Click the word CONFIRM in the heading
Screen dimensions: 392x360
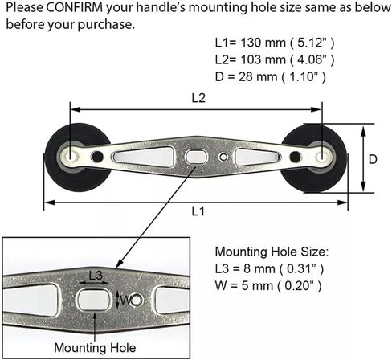(x=75, y=8)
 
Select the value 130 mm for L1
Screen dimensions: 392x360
(x=263, y=43)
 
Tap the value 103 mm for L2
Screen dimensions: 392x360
(x=263, y=59)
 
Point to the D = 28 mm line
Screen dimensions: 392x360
(x=271, y=77)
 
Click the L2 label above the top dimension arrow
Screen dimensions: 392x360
(x=198, y=98)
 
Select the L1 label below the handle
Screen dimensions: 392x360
(x=198, y=211)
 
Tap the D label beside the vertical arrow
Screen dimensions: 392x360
(x=373, y=159)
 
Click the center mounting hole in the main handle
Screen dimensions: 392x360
(x=196, y=156)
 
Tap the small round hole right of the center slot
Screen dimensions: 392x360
(x=223, y=157)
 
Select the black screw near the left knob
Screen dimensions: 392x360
(x=97, y=157)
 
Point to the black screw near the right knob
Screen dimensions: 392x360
(x=296, y=157)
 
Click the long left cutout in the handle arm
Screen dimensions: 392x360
(x=143, y=156)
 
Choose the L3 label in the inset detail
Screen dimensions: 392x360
(x=96, y=275)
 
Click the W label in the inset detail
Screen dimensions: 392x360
(x=125, y=301)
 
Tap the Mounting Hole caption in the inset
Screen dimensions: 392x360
(x=95, y=348)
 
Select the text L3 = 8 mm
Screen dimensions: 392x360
(x=245, y=268)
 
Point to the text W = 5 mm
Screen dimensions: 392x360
(x=244, y=286)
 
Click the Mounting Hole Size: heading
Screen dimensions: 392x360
(x=272, y=252)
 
